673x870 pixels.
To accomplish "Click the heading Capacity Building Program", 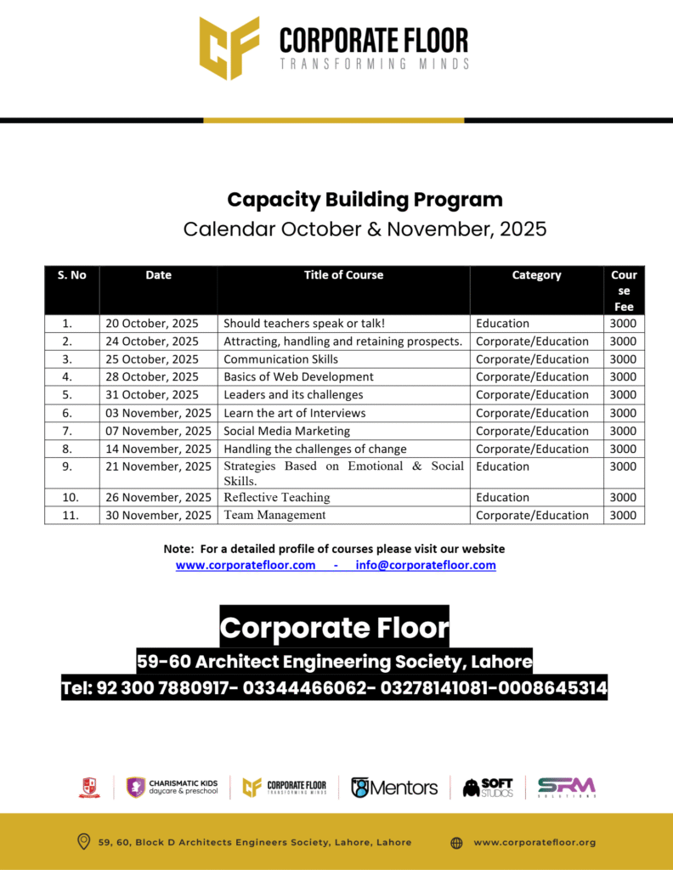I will coord(365,200).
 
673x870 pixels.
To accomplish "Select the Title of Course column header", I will coord(343,275).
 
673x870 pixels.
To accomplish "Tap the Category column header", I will coord(536,275).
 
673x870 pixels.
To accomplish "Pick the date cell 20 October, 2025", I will coord(152,324).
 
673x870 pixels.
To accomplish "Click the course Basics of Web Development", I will coord(298,377).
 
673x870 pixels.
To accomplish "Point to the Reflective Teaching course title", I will coord(277,498).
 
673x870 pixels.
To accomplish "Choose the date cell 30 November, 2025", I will coord(159,516).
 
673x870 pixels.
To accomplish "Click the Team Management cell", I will coord(274,516).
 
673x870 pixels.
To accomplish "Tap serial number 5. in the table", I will coord(67,395).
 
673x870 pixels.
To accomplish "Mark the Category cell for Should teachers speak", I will coord(502,324).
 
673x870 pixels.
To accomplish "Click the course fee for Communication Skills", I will coord(623,359).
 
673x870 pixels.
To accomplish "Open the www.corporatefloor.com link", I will coord(246,565).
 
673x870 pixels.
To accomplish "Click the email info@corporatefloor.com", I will coord(426,565).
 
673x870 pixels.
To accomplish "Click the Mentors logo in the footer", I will coord(394,788).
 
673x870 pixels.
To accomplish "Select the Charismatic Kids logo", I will coord(172,788).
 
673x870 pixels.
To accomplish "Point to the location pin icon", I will coord(83,842).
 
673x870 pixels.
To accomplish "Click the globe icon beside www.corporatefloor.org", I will coord(456,843).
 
